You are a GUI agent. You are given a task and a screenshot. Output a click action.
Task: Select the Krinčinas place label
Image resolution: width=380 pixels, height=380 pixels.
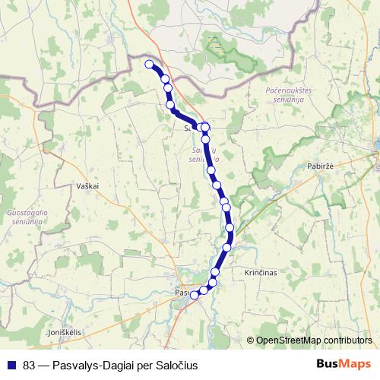[260, 271]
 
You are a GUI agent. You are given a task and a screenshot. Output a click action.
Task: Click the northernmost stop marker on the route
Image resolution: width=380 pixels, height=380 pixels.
[150, 65]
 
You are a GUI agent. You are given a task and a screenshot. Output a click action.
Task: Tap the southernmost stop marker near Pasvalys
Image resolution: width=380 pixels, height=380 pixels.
[194, 295]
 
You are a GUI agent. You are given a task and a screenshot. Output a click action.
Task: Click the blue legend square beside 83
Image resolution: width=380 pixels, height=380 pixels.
[11, 366]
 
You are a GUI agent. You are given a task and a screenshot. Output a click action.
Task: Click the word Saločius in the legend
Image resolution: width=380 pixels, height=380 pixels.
[176, 366]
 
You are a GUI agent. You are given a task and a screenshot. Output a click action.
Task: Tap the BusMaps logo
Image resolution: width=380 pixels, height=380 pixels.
[344, 365]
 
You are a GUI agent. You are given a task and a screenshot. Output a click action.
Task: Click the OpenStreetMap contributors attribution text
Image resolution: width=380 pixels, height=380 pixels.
[313, 340]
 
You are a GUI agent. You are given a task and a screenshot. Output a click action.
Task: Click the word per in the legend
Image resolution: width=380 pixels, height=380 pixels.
[144, 366]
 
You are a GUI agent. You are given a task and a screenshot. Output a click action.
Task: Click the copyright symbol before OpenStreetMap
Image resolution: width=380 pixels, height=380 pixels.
[251, 340]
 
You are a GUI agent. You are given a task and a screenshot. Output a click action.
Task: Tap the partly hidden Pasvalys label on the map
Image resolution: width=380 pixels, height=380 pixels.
[183, 293]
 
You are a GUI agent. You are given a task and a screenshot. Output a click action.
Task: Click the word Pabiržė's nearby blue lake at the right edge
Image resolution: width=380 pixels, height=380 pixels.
[375, 144]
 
